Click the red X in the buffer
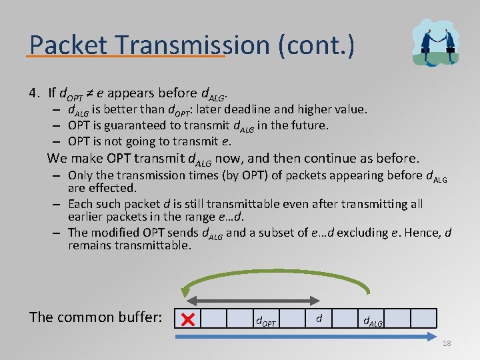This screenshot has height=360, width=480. pyautogui.click(x=187, y=320)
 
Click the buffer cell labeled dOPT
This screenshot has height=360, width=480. pyautogui.click(x=266, y=320)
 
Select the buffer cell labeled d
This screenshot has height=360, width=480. pyautogui.click(x=319, y=319)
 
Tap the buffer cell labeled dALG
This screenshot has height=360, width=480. pyautogui.click(x=371, y=320)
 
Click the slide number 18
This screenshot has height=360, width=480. pyautogui.click(x=446, y=343)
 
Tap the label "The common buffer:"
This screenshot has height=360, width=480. pyautogui.click(x=95, y=317)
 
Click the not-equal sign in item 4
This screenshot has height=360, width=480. pyautogui.click(x=87, y=93)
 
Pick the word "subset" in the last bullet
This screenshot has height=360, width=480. pyautogui.click(x=267, y=233)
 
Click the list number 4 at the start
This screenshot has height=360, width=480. pyautogui.click(x=32, y=93)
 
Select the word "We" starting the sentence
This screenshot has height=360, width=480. pyautogui.click(x=57, y=159)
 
